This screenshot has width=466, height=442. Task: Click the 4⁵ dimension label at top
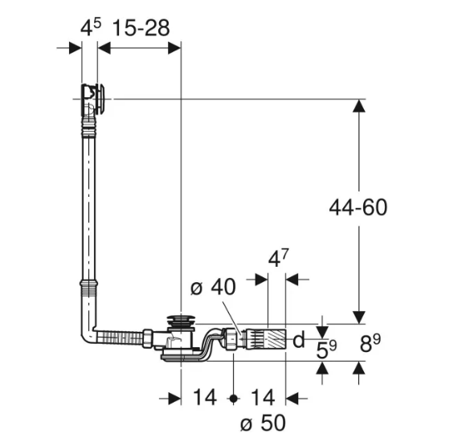tap(91, 28)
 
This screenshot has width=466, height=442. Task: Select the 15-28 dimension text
tap(141, 28)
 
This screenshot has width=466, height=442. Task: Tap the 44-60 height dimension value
tap(358, 207)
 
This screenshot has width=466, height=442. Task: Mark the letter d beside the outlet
tap(298, 341)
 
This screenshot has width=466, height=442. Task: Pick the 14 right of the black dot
tap(262, 398)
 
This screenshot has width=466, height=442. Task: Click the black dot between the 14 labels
tap(234, 398)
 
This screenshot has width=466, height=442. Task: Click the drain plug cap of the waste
tap(182, 319)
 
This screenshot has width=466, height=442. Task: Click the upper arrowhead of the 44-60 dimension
tap(358, 107)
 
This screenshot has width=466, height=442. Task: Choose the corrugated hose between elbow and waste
tap(118, 336)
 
